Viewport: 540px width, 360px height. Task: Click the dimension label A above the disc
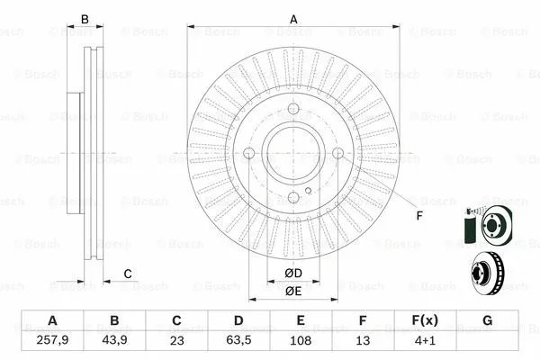pyautogui.click(x=293, y=19)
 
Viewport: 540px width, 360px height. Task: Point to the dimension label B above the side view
pyautogui.click(x=85, y=19)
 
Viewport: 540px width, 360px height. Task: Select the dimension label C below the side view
pyautogui.click(x=128, y=274)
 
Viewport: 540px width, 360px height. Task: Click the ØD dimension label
pyautogui.click(x=293, y=273)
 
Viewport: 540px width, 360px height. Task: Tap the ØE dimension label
pyautogui.click(x=293, y=291)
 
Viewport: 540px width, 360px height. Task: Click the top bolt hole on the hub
pyautogui.click(x=293, y=110)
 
